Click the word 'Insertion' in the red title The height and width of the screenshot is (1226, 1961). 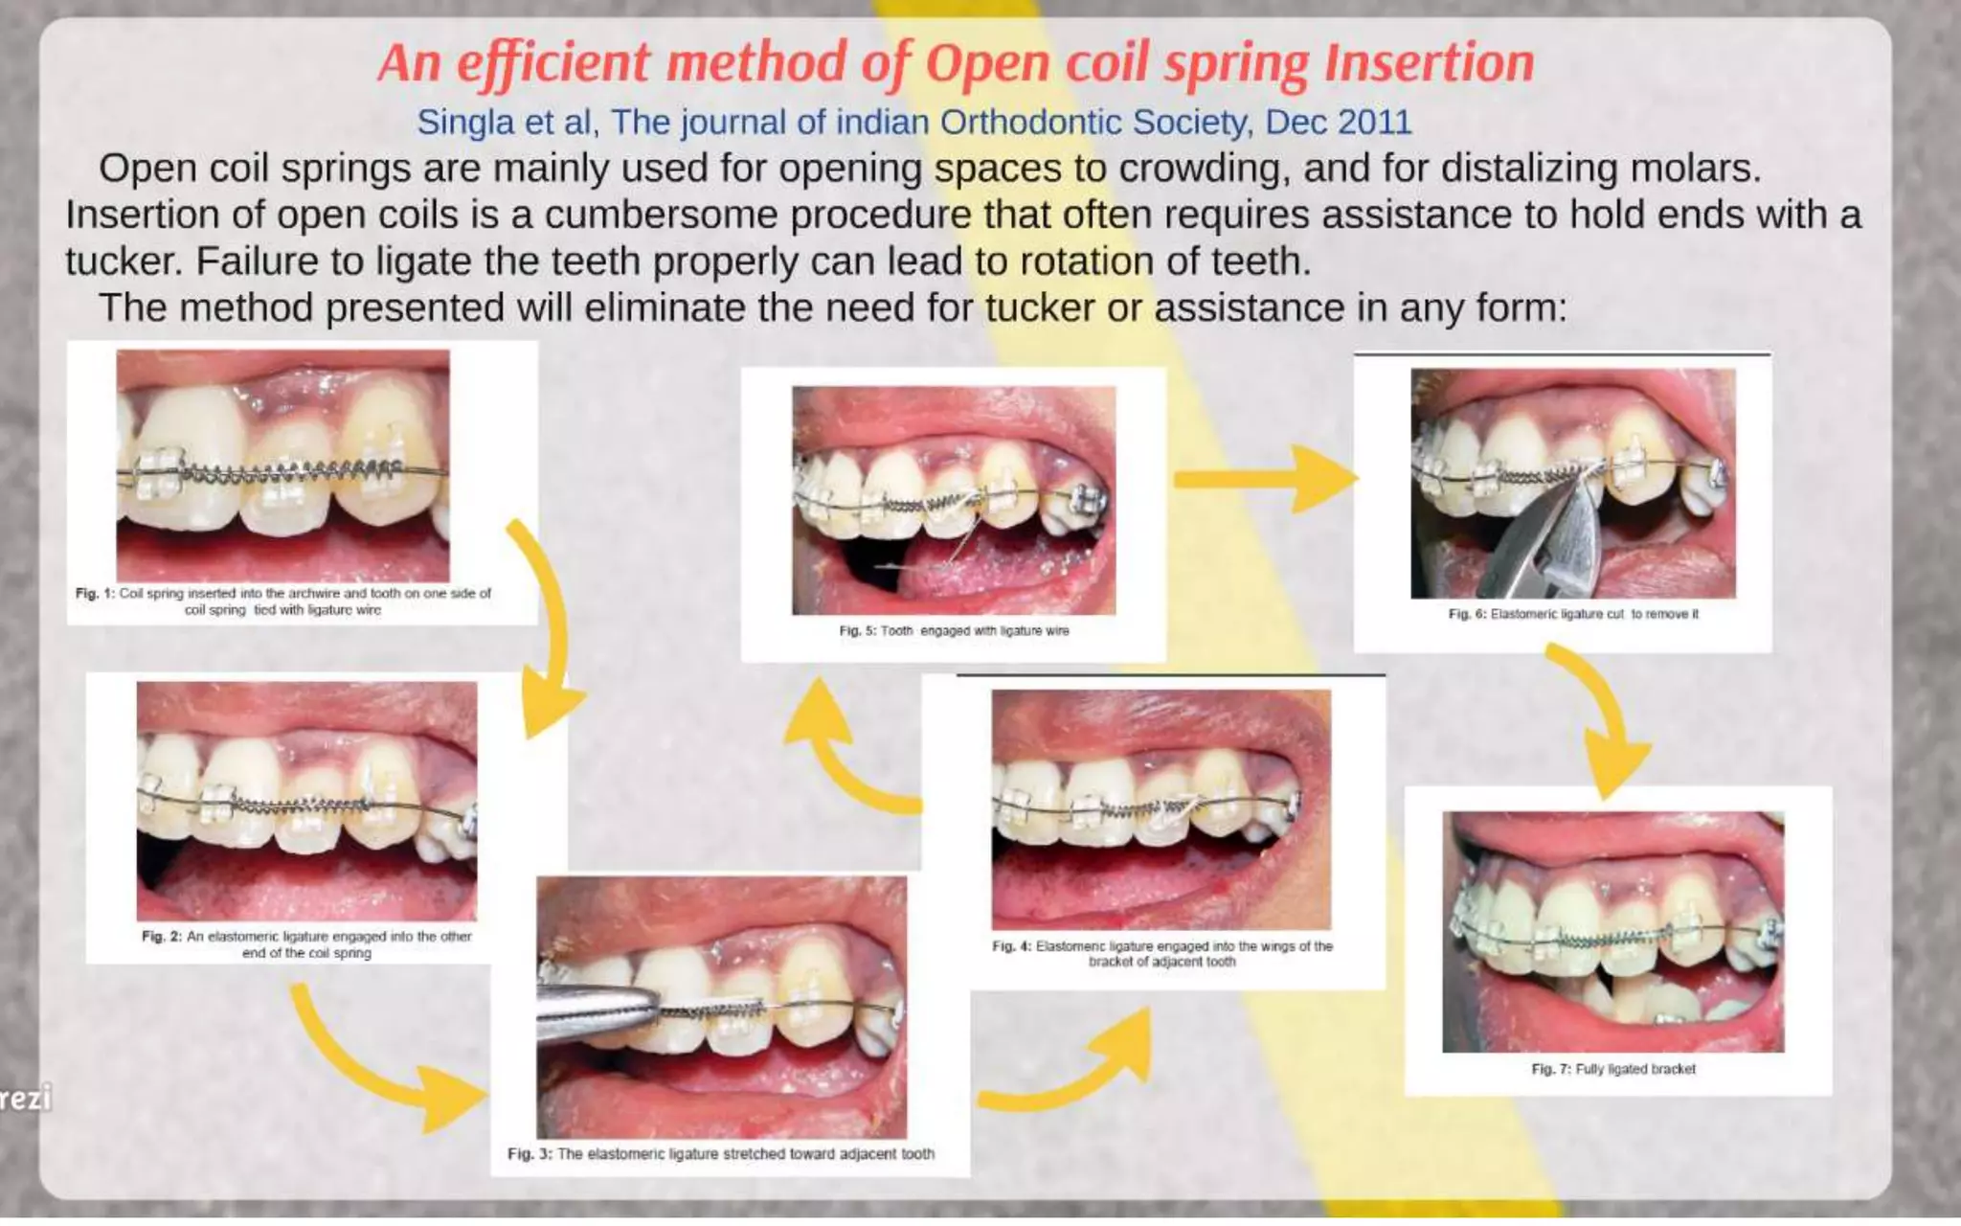click(x=1429, y=63)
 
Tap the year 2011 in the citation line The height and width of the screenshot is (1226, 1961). click(x=1374, y=123)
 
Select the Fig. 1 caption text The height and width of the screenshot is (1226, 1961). click(x=283, y=602)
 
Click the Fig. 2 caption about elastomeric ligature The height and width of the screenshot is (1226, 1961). click(x=306, y=944)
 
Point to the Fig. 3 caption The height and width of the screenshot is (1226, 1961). click(x=721, y=1154)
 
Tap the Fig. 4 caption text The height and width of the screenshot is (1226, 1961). click(x=1161, y=953)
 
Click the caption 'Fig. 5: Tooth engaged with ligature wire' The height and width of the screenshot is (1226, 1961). click(x=954, y=631)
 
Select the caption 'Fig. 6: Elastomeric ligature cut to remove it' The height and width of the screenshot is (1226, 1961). click(x=1573, y=614)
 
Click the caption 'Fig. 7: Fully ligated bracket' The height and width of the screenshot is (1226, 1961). click(x=1613, y=1069)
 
